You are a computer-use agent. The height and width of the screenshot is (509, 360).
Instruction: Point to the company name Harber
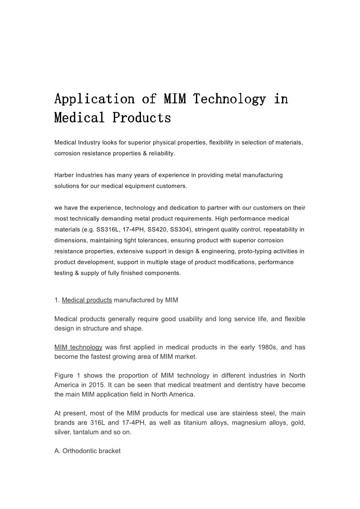pos(64,175)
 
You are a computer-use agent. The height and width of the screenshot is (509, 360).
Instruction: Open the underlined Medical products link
pos(87,300)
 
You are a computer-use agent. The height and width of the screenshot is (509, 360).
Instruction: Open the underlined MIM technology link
pos(78,347)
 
